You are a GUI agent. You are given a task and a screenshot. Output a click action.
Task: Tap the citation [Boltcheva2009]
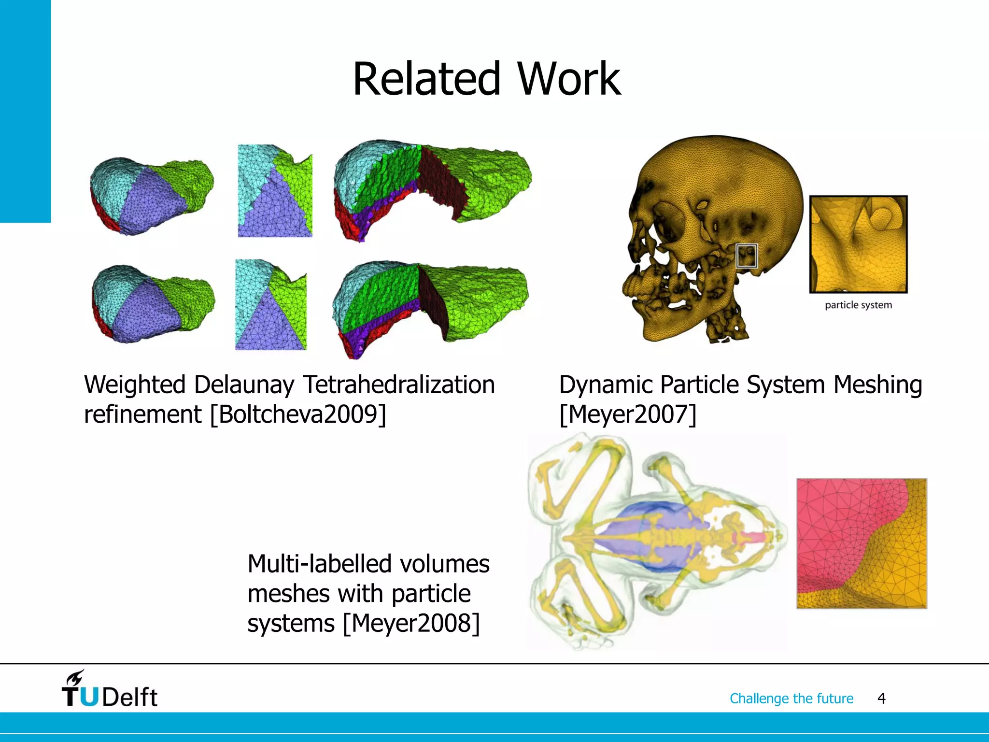298,414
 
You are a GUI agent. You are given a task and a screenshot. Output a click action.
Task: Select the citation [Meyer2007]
628,414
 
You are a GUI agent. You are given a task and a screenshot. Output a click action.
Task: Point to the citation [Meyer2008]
411,623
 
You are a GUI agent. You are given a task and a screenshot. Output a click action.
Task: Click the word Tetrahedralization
399,385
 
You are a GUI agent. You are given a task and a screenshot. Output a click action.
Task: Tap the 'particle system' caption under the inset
858,305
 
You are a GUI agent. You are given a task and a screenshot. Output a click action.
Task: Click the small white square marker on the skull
747,256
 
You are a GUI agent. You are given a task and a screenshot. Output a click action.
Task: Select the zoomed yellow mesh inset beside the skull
858,244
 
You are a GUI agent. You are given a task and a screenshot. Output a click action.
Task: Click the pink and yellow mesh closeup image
862,543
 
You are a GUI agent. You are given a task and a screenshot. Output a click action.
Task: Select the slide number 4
881,699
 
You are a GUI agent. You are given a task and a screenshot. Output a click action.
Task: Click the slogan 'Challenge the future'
791,699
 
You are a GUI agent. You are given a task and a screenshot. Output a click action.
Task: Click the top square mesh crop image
275,191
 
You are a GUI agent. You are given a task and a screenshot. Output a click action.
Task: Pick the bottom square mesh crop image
270,305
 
